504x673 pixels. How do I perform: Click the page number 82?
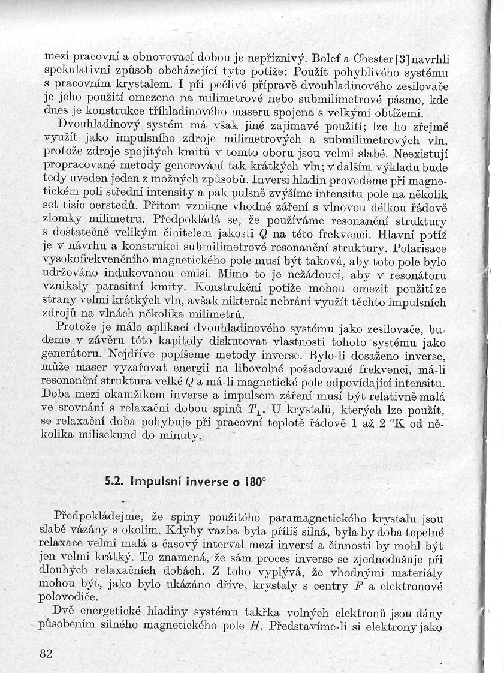[x=46, y=653]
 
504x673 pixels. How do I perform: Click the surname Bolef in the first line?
[x=326, y=59]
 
